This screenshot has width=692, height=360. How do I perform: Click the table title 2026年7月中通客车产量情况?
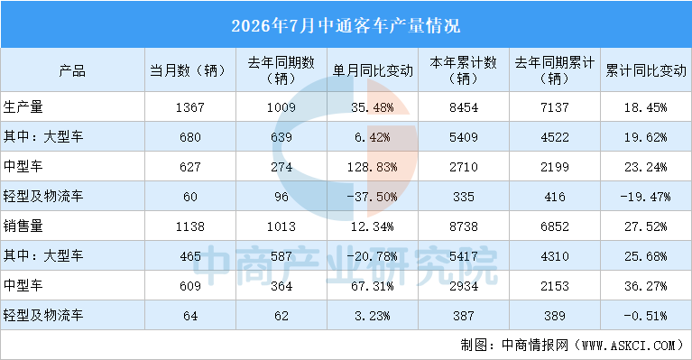[x=346, y=25]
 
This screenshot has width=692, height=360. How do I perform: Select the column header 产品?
[x=72, y=70]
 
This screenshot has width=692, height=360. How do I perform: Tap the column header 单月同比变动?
[x=373, y=70]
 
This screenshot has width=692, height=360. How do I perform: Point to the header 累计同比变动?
[x=646, y=70]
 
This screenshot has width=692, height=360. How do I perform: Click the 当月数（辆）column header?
[x=190, y=70]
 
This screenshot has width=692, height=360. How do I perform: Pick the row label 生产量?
[x=23, y=106]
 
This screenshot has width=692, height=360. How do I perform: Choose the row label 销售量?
[x=23, y=226]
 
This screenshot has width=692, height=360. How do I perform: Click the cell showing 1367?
[x=190, y=107]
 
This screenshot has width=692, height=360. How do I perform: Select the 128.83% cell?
[x=372, y=167]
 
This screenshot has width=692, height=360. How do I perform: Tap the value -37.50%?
[x=372, y=197]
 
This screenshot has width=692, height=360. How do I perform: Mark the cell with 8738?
[x=464, y=226]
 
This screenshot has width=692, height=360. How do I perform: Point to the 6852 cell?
[x=555, y=226]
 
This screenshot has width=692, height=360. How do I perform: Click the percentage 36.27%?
[x=646, y=286]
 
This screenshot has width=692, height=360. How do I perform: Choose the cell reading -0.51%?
[x=646, y=316]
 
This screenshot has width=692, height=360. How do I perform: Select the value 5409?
[x=464, y=137]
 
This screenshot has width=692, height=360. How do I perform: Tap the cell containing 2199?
[x=555, y=167]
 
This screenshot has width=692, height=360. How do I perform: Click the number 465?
[x=190, y=256]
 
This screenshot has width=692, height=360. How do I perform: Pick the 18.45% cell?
[x=646, y=107]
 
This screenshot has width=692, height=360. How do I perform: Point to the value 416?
[x=555, y=197]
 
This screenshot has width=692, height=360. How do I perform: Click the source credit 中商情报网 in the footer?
[x=535, y=345]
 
